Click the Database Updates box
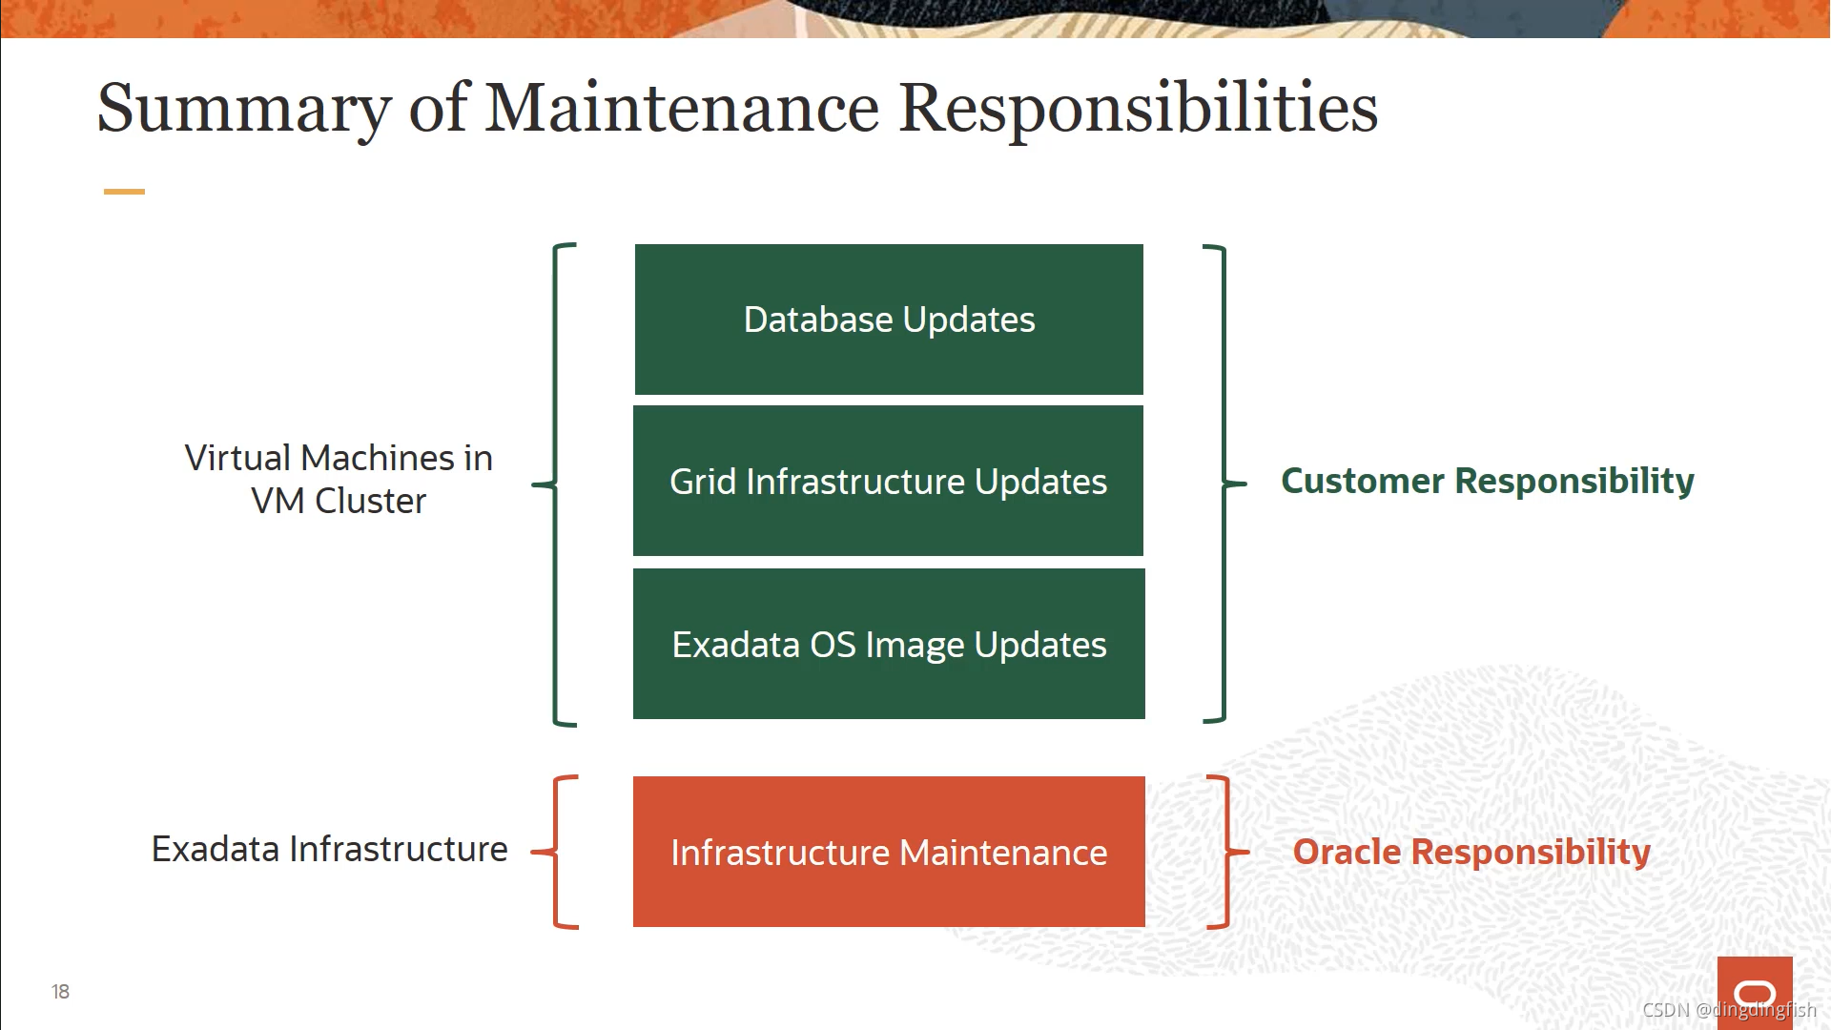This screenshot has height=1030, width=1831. click(889, 319)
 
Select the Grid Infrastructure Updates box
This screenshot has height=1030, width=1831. click(889, 481)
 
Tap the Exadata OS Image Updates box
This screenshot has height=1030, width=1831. click(889, 644)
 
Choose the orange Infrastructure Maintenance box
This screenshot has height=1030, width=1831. click(889, 852)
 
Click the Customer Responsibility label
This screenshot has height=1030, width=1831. click(1487, 481)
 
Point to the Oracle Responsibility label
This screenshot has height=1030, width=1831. click(1471, 852)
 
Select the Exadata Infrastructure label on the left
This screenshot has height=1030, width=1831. click(329, 849)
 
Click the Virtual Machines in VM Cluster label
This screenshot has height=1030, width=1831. click(339, 479)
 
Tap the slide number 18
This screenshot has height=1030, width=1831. click(60, 992)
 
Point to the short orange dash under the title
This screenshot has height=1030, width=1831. click(124, 192)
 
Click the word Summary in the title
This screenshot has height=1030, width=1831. click(244, 108)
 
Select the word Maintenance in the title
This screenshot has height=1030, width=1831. click(682, 108)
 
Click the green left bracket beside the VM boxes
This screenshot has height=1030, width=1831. click(556, 484)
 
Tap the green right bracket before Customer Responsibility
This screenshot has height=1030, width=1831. click(1224, 484)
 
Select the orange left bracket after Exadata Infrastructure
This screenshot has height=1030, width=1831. click(556, 852)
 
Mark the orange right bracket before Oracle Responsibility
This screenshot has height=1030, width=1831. click(1226, 852)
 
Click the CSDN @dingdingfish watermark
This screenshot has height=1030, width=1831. click(1728, 1010)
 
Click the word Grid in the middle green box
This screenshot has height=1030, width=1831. click(703, 482)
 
